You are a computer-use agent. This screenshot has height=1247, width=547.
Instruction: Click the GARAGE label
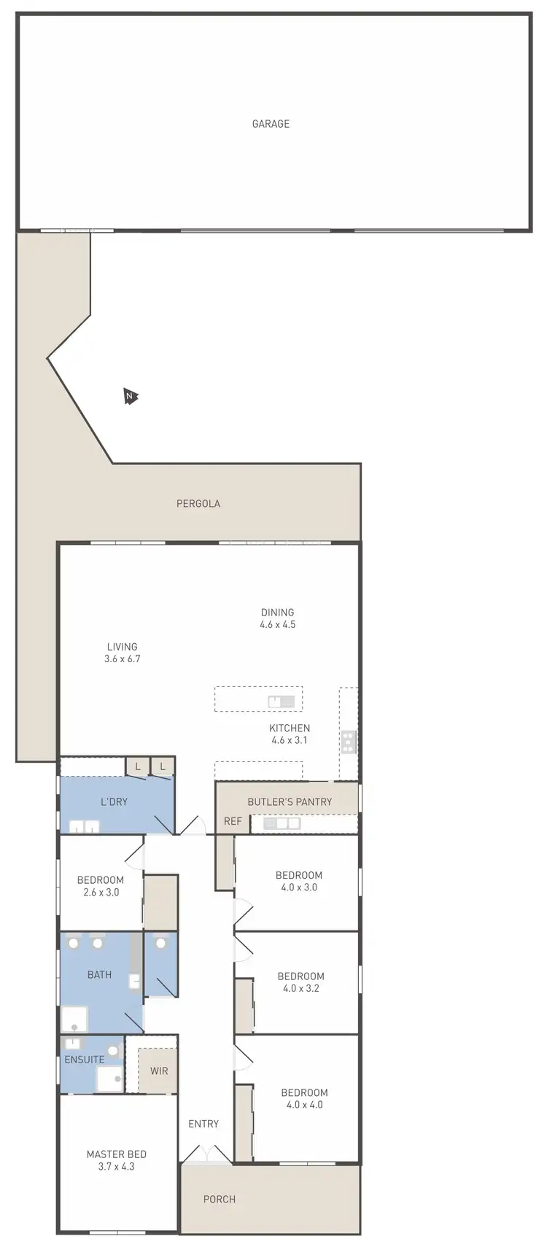tap(271, 124)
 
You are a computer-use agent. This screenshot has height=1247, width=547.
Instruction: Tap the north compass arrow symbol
tap(131, 397)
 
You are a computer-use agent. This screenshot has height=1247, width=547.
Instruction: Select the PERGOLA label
tap(198, 503)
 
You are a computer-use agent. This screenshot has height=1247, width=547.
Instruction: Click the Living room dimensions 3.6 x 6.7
tap(122, 659)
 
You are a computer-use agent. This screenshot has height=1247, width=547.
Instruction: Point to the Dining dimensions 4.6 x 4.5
tap(278, 624)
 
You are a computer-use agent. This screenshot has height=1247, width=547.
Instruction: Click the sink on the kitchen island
tap(281, 702)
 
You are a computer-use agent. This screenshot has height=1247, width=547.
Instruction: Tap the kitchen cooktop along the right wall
tap(349, 742)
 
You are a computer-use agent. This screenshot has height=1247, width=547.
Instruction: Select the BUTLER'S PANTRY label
tap(290, 801)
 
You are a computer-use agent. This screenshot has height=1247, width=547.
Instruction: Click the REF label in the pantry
tap(233, 821)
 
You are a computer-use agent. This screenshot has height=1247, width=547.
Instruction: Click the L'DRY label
tap(114, 801)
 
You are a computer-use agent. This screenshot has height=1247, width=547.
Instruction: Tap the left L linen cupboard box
tap(137, 766)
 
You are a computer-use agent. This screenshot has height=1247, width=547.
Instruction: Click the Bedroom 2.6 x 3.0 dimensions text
tap(100, 892)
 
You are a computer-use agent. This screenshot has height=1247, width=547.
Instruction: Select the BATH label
tap(100, 974)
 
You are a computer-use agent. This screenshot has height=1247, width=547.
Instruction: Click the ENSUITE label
tap(85, 1060)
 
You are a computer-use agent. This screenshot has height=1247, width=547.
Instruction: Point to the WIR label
tap(159, 1071)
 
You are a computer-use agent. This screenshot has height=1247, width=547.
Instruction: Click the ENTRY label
tap(203, 1124)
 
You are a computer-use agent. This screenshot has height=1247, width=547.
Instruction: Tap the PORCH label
tap(220, 1199)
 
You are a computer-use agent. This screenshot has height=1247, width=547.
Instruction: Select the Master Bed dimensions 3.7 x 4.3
tap(116, 1166)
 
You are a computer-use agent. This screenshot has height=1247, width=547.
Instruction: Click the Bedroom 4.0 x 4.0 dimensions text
tap(304, 1104)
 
